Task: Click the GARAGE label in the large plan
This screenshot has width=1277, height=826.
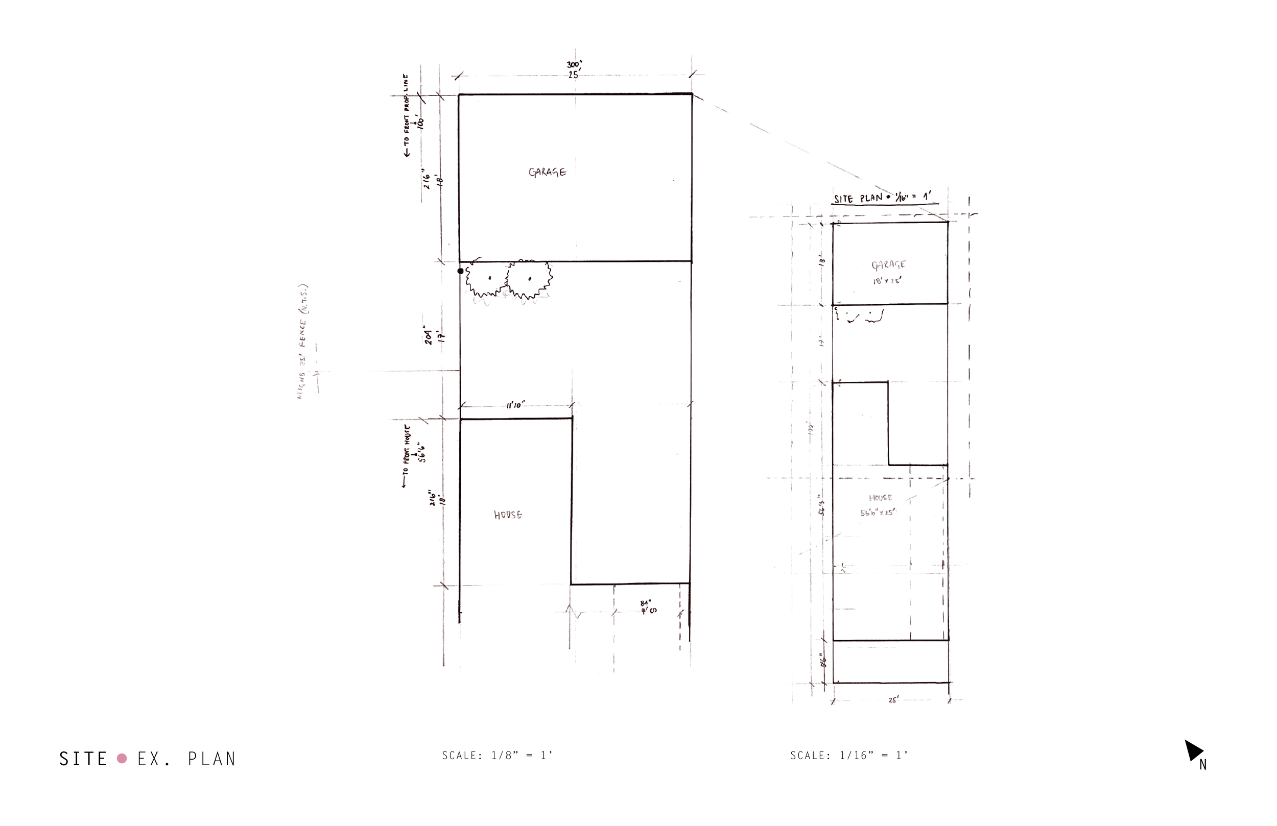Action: pyautogui.click(x=547, y=172)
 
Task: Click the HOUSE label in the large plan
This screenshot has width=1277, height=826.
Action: pyautogui.click(x=508, y=515)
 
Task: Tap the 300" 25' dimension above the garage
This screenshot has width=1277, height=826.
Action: pyautogui.click(x=574, y=70)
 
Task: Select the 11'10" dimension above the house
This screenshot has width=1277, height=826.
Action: pyautogui.click(x=514, y=405)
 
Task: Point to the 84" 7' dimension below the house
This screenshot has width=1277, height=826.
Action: pyautogui.click(x=648, y=606)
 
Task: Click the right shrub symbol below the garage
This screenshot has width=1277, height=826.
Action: pyautogui.click(x=530, y=279)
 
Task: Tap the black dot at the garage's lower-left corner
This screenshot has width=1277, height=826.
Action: pyautogui.click(x=460, y=272)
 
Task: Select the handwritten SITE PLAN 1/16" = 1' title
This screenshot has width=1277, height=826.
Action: pyautogui.click(x=885, y=198)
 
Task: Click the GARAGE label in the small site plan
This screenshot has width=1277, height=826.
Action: pyautogui.click(x=888, y=265)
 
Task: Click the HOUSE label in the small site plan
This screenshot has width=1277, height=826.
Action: pyautogui.click(x=881, y=498)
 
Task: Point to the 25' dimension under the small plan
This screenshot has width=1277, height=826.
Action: pyautogui.click(x=893, y=700)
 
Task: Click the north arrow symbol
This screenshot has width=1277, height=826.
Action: pyautogui.click(x=1193, y=750)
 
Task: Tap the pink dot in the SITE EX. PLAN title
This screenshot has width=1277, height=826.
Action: pyautogui.click(x=122, y=759)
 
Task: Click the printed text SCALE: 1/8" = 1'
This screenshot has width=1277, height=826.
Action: pyautogui.click(x=497, y=755)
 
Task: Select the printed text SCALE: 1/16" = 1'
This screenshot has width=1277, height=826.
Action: pyautogui.click(x=849, y=755)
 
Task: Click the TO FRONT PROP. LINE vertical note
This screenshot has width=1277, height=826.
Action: pyautogui.click(x=406, y=115)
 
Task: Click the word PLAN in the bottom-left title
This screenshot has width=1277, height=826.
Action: pyautogui.click(x=211, y=759)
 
